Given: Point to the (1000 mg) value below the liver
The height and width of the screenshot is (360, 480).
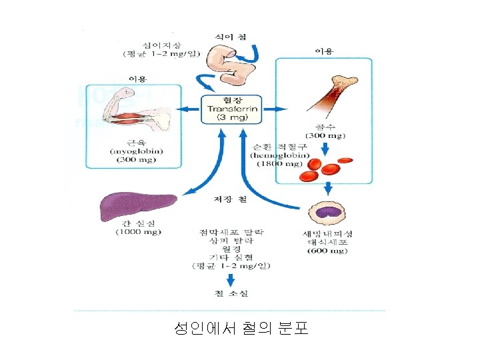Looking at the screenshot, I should click(x=137, y=232).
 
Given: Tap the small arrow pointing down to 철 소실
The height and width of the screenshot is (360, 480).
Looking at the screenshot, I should click(x=231, y=279).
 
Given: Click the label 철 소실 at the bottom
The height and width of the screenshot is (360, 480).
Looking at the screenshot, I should click(x=231, y=293).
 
